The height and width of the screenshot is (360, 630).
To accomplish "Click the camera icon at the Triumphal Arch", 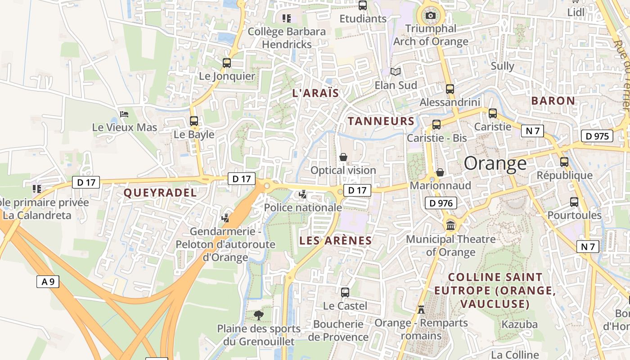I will point(431,16).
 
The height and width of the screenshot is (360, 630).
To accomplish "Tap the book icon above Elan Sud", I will point(395,72).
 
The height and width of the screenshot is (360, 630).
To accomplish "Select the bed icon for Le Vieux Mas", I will point(124,114).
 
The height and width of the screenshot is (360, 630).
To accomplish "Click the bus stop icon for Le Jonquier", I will point(227,63).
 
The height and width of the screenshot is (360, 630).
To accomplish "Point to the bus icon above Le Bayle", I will point(194,121).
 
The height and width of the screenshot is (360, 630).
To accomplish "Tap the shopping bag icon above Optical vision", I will point(343,157).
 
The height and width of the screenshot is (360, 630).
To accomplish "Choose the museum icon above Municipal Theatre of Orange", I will point(450,225).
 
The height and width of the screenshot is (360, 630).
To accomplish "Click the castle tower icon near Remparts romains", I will point(421,310).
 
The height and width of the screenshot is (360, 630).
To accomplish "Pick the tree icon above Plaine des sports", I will point(258,315).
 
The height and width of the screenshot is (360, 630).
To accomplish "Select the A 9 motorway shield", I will point(48,282).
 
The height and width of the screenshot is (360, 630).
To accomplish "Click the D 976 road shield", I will point(441,203).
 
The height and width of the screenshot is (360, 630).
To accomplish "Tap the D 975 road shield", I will point(597,136).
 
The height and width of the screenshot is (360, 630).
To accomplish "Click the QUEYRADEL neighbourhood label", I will point(160,193).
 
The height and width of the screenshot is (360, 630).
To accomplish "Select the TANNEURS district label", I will point(381,121).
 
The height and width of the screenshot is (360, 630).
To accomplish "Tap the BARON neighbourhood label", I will point(553,101).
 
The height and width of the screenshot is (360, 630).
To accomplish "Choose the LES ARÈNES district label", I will point(336,241).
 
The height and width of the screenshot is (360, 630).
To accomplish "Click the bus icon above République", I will point(564,162).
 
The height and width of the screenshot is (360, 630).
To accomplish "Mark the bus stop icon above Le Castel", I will point(345,292).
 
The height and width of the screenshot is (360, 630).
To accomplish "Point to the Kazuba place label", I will point(520,324).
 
